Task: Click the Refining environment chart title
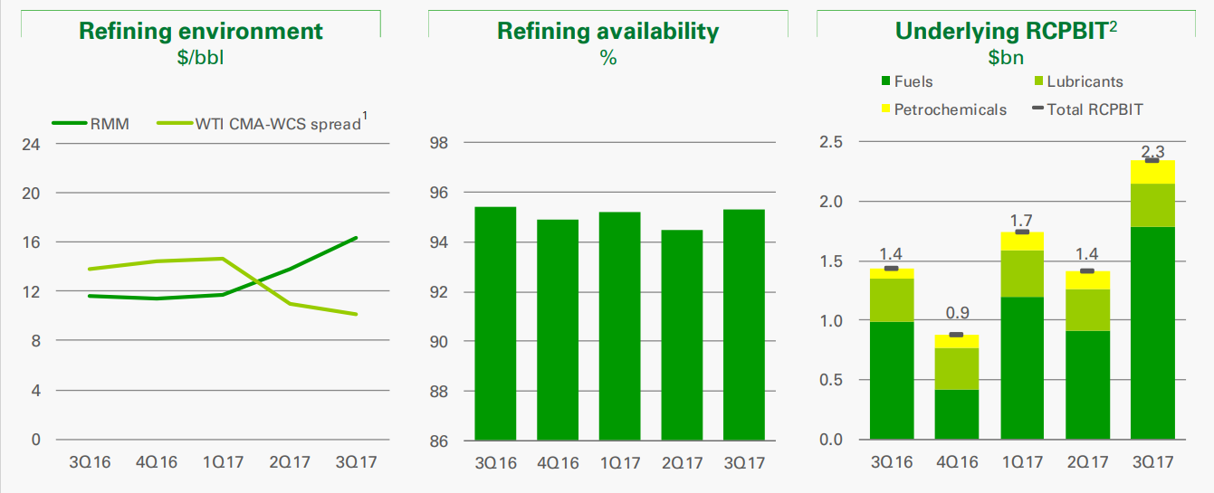pyautogui.click(x=201, y=31)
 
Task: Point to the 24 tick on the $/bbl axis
pyautogui.click(x=31, y=144)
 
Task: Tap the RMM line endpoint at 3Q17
pyautogui.click(x=357, y=238)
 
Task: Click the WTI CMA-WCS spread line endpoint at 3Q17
pyautogui.click(x=357, y=314)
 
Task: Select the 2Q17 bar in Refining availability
pyautogui.click(x=682, y=335)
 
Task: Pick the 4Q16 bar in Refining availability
pyautogui.click(x=558, y=330)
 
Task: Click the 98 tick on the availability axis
pyautogui.click(x=439, y=144)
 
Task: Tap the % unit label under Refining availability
pyautogui.click(x=607, y=58)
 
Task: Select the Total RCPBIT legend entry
pyautogui.click(x=1095, y=109)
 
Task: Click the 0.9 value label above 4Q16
pyautogui.click(x=958, y=314)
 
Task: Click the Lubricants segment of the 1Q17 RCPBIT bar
pyautogui.click(x=1022, y=273)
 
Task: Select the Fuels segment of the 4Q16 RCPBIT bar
pyautogui.click(x=957, y=414)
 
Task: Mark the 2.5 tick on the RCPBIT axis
pyautogui.click(x=831, y=142)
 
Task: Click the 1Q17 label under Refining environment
pyautogui.click(x=223, y=462)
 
